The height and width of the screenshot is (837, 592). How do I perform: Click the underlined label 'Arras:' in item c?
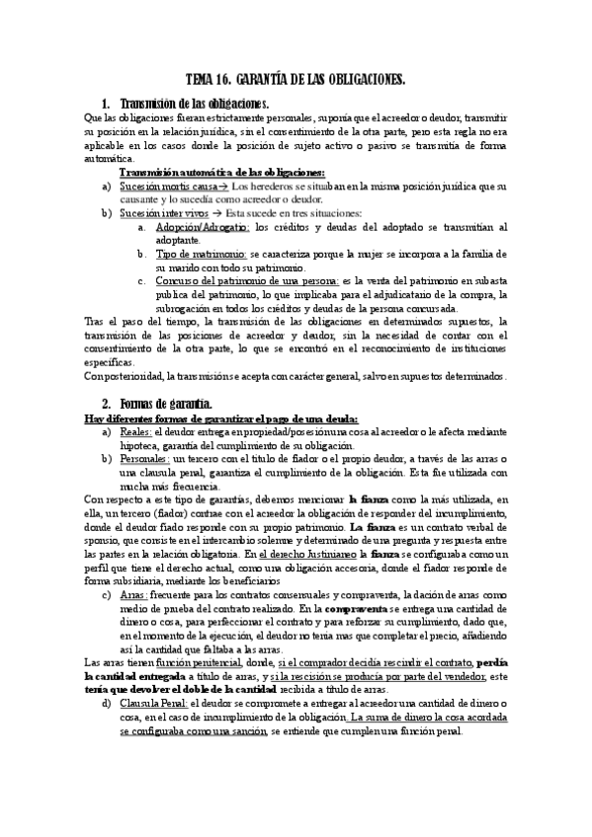coord(132,594)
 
